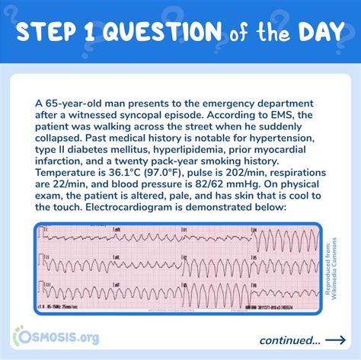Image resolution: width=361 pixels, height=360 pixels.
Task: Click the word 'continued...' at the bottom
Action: [289, 339]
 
